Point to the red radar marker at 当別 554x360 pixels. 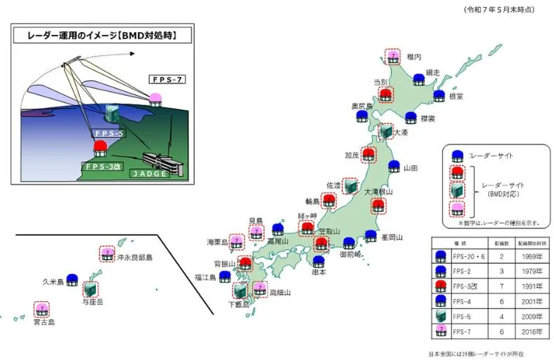click(385, 95)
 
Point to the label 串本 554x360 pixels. click(319, 272)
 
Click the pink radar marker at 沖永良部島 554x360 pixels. click(107, 254)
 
